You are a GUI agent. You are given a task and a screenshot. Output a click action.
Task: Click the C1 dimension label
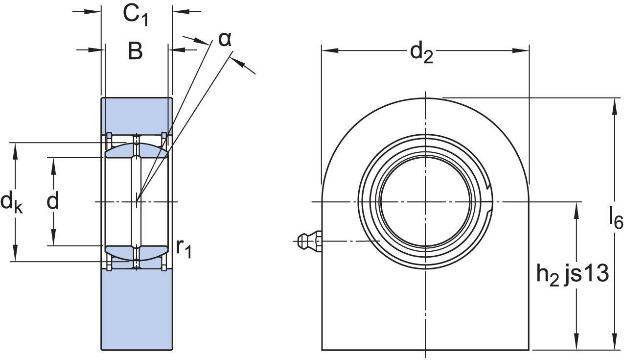click(x=136, y=16)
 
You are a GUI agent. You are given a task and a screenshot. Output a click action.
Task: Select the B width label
click(x=135, y=51)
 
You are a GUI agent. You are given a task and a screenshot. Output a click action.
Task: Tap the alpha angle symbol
click(x=224, y=39)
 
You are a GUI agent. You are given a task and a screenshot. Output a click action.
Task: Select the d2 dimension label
click(x=422, y=52)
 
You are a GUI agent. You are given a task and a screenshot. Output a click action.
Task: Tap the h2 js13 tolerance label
click(x=572, y=274)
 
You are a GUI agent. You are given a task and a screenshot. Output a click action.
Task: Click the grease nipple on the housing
click(x=308, y=241)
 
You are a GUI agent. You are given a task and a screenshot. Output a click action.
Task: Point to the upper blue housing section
click(x=137, y=115)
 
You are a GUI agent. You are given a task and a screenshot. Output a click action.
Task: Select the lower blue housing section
click(x=137, y=309)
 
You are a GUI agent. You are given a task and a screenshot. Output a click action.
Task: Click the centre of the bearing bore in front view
click(x=426, y=202)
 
